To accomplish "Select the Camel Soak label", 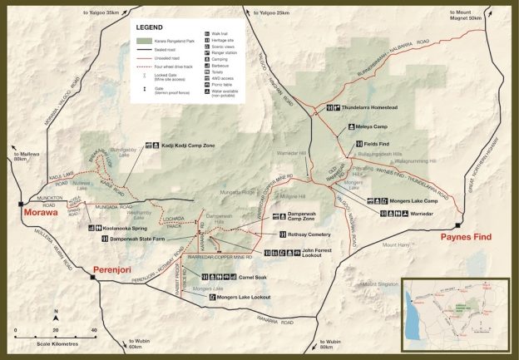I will pyautogui.click(x=253, y=278).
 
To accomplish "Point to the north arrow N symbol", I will pyautogui.click(x=57, y=315).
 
